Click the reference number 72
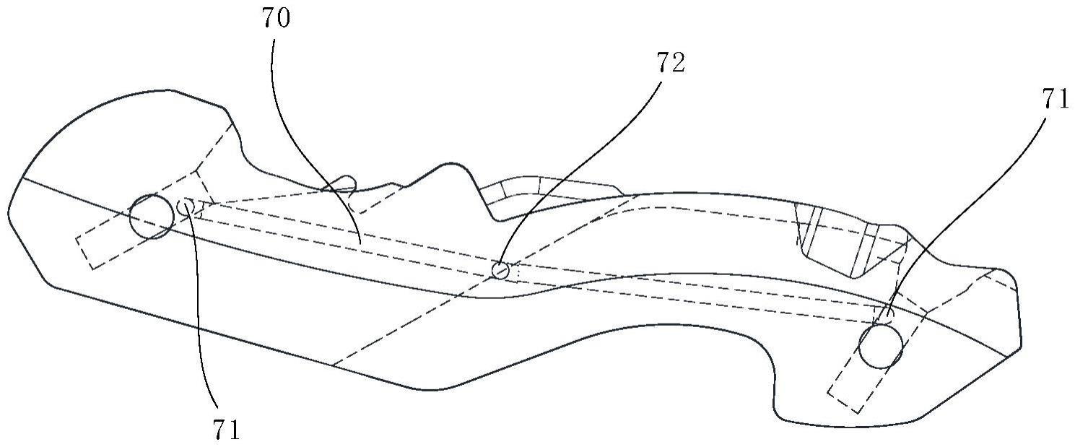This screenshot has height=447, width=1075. tap(671, 65)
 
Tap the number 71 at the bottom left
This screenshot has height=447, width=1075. tap(225, 430)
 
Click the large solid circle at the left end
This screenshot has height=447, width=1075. tap(151, 216)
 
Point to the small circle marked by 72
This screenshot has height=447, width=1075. tap(501, 270)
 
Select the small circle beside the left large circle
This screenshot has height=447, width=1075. tap(186, 207)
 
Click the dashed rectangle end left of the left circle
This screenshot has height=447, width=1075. tap(101, 246)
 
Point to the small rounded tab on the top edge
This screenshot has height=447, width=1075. tap(347, 181)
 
